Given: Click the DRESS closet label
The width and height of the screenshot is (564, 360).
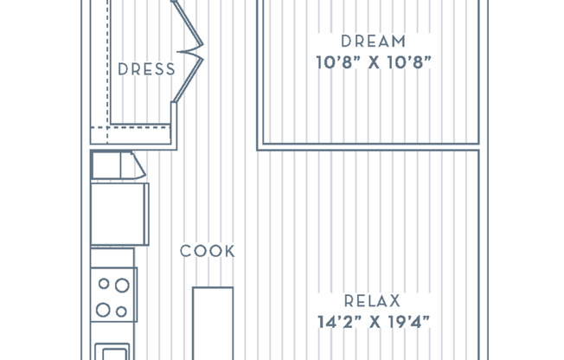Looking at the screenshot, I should (x=146, y=69).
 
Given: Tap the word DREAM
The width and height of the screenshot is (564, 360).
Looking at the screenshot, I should (x=373, y=41).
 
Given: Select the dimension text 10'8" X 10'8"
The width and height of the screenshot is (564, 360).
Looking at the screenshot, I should (x=373, y=62).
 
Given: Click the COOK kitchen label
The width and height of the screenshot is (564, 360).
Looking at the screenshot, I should (x=208, y=252).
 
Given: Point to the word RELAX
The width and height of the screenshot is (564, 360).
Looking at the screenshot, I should (x=373, y=301).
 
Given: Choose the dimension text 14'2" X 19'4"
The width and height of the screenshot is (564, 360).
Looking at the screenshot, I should (x=373, y=323).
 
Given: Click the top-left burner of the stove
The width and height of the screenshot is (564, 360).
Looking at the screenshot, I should (x=104, y=282).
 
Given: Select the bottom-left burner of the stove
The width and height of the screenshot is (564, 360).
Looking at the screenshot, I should (x=104, y=309).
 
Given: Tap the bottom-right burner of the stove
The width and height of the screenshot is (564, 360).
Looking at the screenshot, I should (x=122, y=310).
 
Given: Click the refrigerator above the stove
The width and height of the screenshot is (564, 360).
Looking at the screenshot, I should (x=119, y=213).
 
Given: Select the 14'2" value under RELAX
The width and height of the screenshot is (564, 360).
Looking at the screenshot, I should (x=336, y=323).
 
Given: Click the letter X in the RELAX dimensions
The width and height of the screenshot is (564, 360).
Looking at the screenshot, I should (x=373, y=323).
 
